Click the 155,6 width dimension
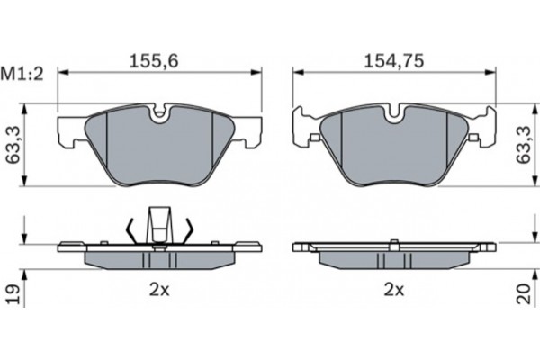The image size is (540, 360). tap(154, 61)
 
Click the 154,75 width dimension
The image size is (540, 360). tap(394, 61)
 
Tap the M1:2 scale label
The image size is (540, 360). tap(22, 74)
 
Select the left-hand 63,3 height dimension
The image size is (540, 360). tap(13, 144)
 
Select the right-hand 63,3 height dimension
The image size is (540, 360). tap(524, 144)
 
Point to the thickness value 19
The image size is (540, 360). tap(13, 294)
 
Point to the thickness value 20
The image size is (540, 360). tap(524, 293)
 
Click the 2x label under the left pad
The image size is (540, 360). tap(159, 291)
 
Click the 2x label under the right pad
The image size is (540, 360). tap(394, 291)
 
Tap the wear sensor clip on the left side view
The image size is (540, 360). tap(158, 226)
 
